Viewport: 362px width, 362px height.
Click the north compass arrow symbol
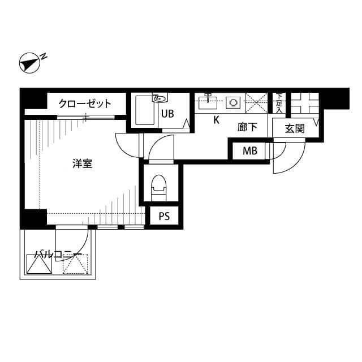tap(28, 62)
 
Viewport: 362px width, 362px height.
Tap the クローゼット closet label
tap(85, 104)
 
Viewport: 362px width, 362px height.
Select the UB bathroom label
tap(167, 113)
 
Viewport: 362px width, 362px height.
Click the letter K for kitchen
tap(216, 120)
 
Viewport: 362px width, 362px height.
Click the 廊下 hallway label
tap(247, 127)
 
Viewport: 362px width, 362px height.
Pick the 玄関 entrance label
tap(294, 128)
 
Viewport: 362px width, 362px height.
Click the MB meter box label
tap(249, 151)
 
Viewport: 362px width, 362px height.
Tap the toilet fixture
tap(158, 186)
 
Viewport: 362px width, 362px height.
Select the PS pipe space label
tap(164, 216)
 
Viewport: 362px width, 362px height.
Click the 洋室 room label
tap(83, 164)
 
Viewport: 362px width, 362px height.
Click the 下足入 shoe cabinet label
tap(278, 102)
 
